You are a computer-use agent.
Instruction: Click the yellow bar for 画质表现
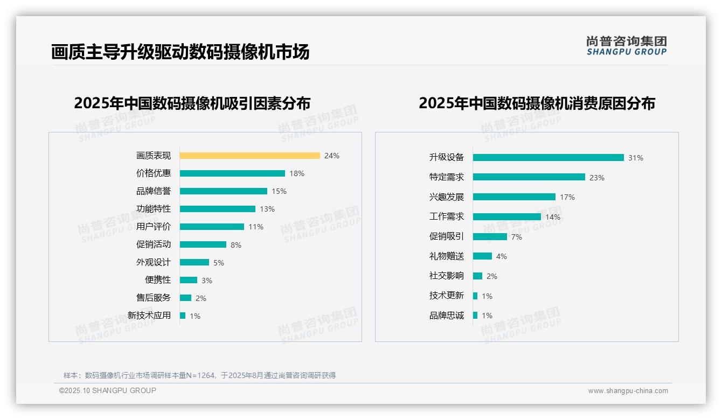point(249,156)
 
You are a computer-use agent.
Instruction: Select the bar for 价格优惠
point(232,173)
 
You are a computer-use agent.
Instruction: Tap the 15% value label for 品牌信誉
point(279,191)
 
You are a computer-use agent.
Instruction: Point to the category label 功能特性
point(154,209)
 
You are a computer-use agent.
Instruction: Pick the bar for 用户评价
point(212,227)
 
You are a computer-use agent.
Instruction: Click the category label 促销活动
point(154,244)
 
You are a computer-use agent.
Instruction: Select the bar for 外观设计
point(195,262)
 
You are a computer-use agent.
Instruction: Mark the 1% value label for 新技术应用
point(195,316)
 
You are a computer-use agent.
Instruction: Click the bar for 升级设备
point(548,158)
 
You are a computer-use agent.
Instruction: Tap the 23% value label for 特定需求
point(597,178)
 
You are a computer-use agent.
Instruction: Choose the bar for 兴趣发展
point(514,197)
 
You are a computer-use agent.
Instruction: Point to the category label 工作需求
point(447,216)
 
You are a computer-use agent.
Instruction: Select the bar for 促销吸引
point(490,236)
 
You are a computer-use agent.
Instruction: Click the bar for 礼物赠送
point(482,256)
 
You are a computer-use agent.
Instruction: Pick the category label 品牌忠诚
point(447,316)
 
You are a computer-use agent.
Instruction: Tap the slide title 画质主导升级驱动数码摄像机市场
point(180,52)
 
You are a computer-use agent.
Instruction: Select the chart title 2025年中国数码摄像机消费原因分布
point(537,103)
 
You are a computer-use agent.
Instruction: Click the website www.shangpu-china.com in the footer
point(628,391)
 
